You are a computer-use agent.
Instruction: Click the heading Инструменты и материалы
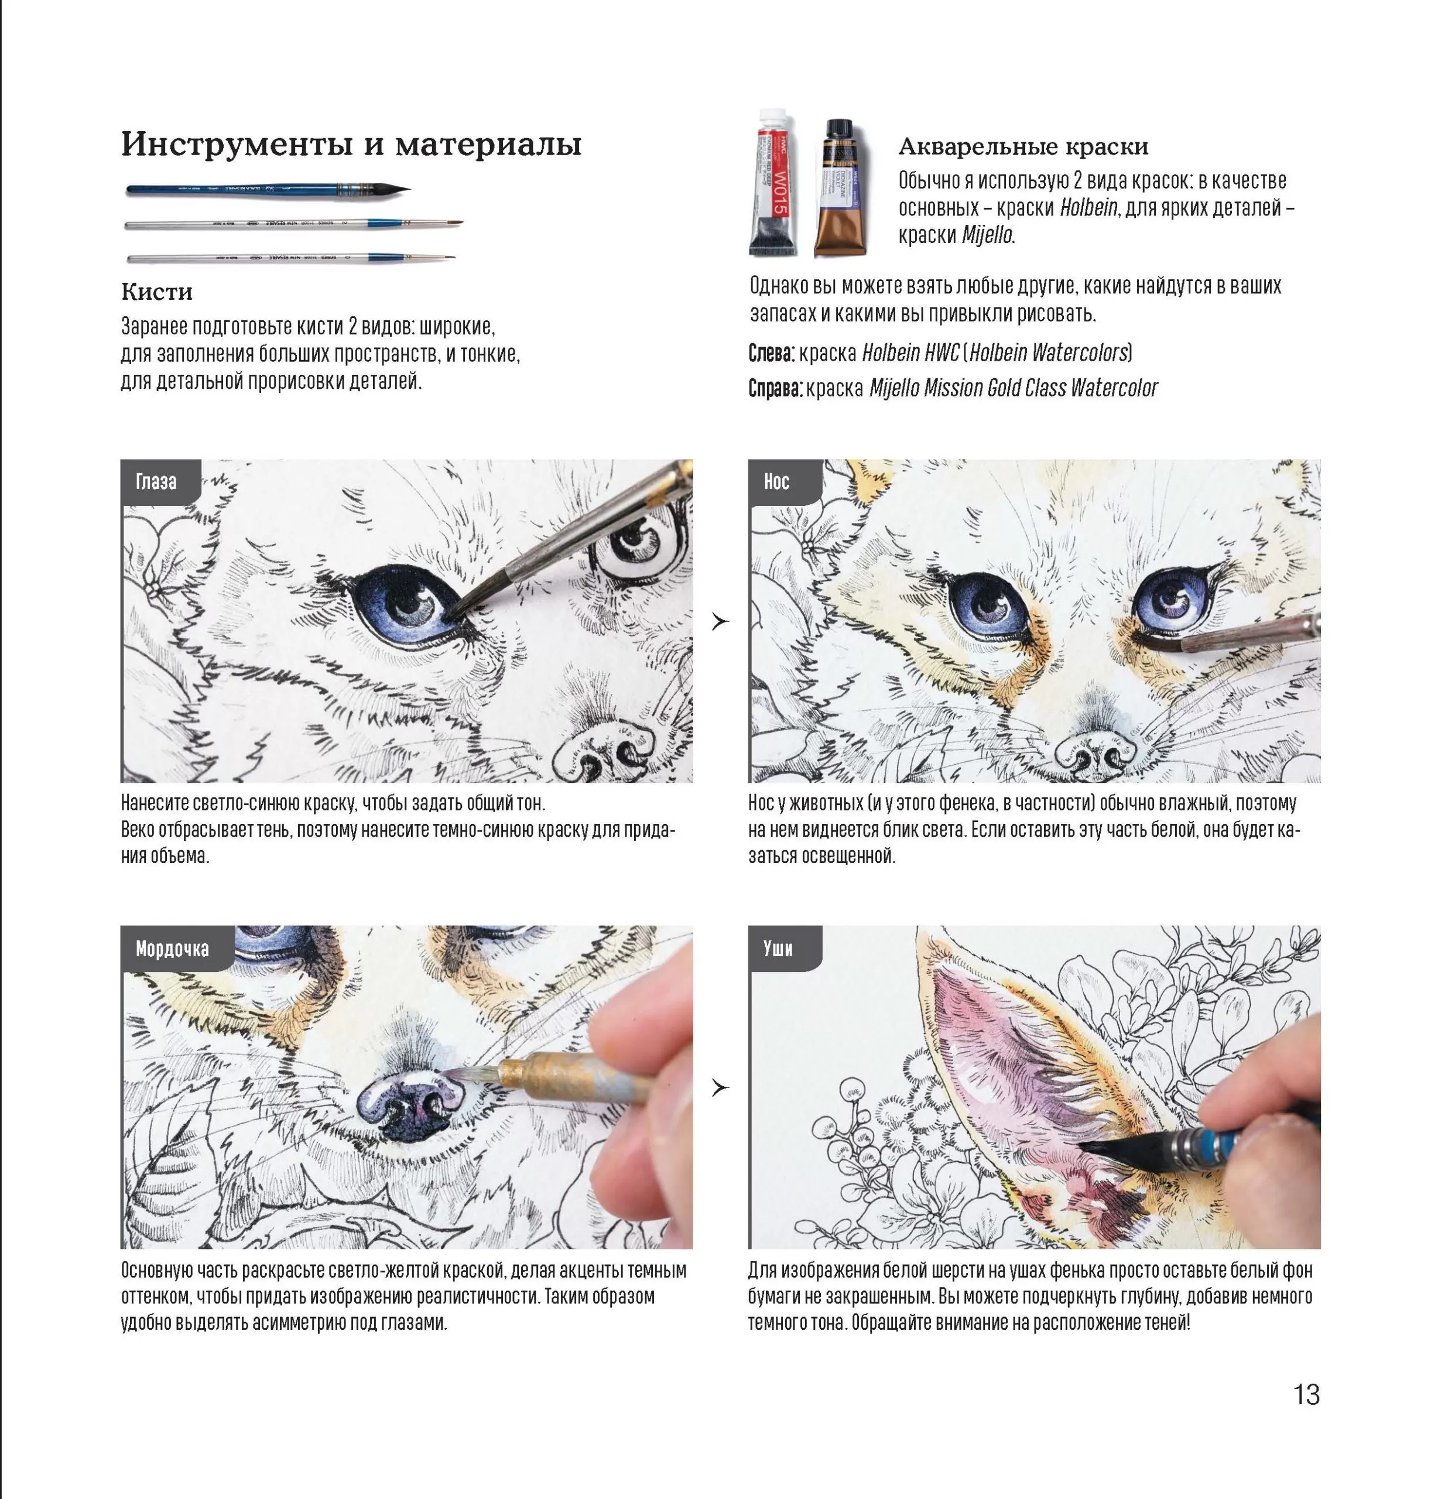(351, 144)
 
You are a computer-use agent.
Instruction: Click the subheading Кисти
(157, 292)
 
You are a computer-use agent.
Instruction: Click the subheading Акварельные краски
(1023, 146)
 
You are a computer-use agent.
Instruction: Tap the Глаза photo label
(157, 482)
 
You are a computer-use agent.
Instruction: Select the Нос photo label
(777, 482)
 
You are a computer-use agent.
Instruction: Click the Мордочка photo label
(172, 949)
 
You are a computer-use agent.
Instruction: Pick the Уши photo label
(778, 949)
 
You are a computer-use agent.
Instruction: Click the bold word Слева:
(772, 353)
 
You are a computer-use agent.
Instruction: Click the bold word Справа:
(775, 389)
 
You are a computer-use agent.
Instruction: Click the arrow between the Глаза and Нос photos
(720, 622)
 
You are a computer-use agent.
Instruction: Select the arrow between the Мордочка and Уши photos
(720, 1087)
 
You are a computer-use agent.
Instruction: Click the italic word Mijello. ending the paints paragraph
(988, 235)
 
